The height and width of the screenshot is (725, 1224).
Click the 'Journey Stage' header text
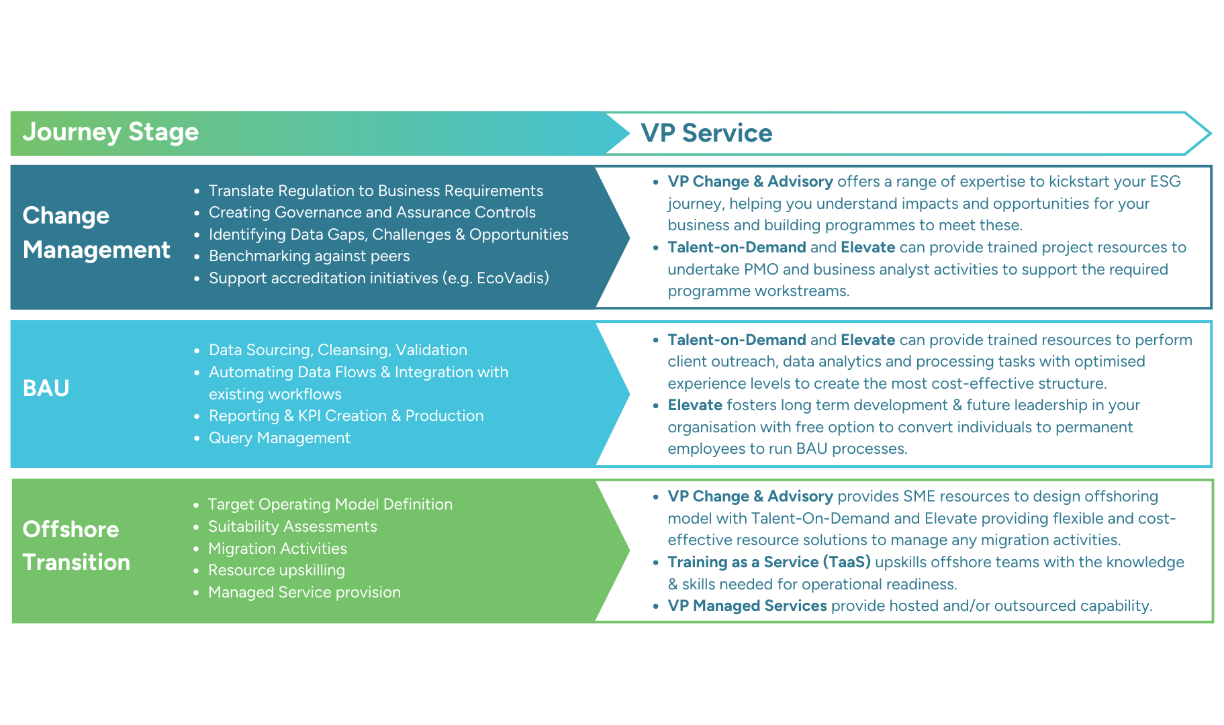coord(111,132)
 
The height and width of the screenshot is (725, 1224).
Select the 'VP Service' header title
coord(706,133)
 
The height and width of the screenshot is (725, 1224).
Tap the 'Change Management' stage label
coord(96,232)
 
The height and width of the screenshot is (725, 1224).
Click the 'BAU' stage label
coord(46,388)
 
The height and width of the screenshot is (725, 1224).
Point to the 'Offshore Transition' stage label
coord(76,545)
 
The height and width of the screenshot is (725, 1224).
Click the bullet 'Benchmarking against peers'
coord(309,256)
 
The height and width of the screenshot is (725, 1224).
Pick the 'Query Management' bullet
coord(279,438)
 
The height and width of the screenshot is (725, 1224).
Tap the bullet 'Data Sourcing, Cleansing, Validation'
coord(338,350)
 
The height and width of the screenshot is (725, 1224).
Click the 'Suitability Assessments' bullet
coord(292,526)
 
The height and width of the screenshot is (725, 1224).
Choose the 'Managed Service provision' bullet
coord(304,592)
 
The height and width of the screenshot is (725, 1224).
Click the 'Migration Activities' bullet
coord(277,548)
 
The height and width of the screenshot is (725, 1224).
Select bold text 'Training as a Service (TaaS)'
coord(769,562)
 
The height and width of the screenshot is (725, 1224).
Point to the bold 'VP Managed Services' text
coord(747,606)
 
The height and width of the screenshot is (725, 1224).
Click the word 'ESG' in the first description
coord(1165,181)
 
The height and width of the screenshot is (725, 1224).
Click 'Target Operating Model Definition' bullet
coord(330,504)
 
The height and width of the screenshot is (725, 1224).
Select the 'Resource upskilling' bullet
coord(276,570)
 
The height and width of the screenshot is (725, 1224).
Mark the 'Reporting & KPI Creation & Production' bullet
coord(346,416)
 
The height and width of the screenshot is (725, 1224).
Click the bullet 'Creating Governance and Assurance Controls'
coord(372,212)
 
